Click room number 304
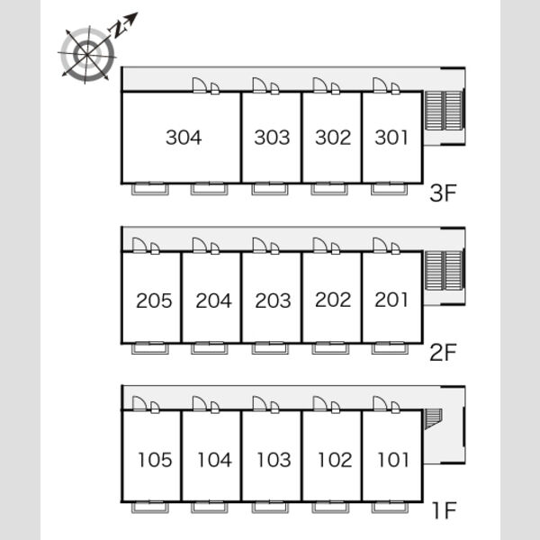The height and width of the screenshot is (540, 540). (184, 138)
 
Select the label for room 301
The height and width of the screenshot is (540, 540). (391, 138)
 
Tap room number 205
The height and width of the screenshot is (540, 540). (154, 301)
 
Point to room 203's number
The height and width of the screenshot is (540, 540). (273, 301)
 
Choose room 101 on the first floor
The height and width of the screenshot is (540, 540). (393, 460)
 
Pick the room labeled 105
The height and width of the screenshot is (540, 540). (155, 460)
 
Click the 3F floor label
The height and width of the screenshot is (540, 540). (443, 193)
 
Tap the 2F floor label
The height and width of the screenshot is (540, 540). (443, 352)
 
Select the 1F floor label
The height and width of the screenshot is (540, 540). (445, 510)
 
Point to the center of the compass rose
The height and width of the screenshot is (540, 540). (86, 54)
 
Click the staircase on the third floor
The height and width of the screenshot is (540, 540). (444, 111)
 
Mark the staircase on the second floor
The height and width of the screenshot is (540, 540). (444, 271)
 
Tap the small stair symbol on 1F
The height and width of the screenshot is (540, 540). (433, 419)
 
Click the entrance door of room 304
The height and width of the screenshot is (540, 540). (200, 85)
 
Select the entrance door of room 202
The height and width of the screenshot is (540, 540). (319, 245)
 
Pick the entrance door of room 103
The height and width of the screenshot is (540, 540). (260, 403)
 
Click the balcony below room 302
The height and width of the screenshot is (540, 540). (329, 189)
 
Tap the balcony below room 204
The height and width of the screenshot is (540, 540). (210, 347)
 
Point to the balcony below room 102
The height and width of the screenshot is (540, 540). (330, 507)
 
